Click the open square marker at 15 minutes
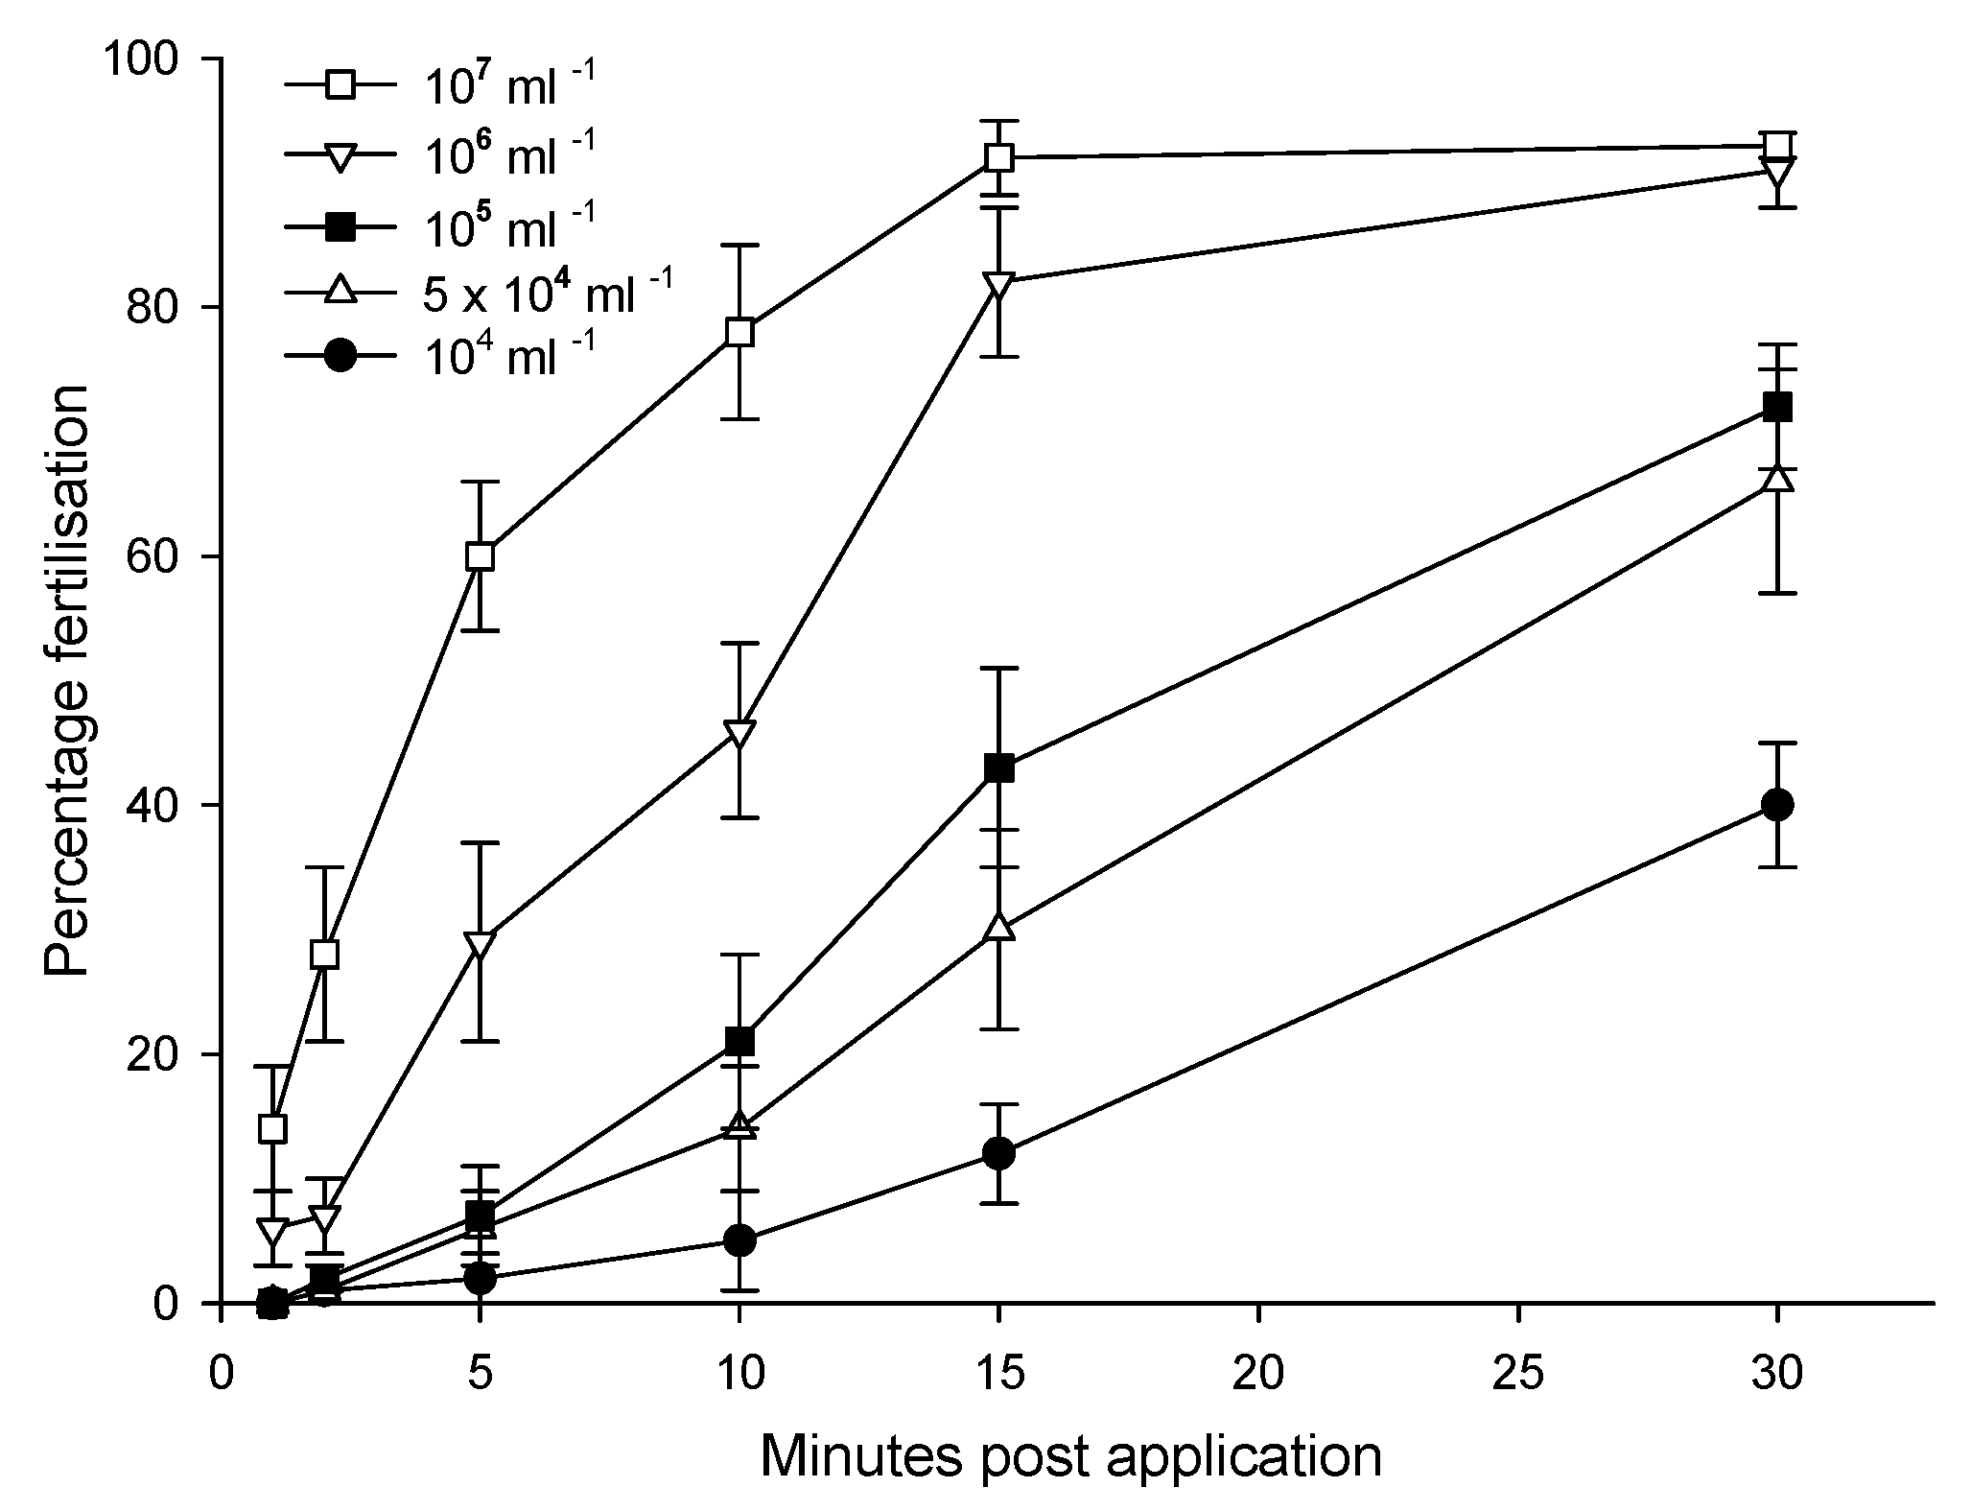click(x=999, y=157)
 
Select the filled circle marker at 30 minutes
click(x=1777, y=804)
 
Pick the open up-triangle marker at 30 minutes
click(x=1777, y=479)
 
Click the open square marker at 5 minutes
click(x=480, y=556)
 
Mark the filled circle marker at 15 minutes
click(x=999, y=1153)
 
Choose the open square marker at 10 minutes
click(x=739, y=332)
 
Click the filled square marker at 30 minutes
click(x=1777, y=407)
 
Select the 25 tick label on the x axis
click(x=1518, y=1376)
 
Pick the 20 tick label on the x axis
click(x=1258, y=1376)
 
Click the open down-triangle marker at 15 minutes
click(x=999, y=285)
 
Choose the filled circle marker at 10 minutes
click(x=739, y=1241)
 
